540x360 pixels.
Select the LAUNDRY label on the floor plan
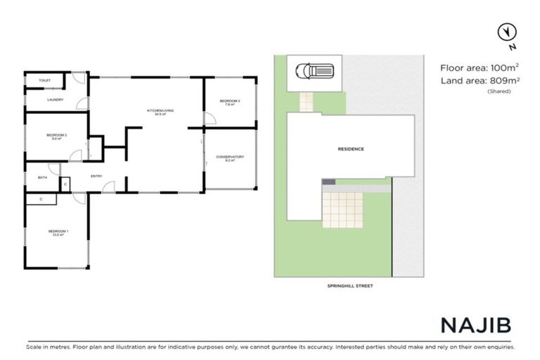[56, 100]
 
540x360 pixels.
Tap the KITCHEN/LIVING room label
[156, 111]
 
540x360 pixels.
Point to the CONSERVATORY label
[230, 157]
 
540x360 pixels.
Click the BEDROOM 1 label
[58, 231]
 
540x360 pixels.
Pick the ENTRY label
[97, 176]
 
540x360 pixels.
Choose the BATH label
[42, 177]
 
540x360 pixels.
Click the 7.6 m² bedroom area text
[230, 105]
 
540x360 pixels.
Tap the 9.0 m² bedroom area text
[56, 139]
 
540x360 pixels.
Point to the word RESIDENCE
[351, 149]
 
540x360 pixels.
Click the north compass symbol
[504, 32]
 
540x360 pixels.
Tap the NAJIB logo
[475, 324]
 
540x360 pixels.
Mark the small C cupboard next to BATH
[65, 184]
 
